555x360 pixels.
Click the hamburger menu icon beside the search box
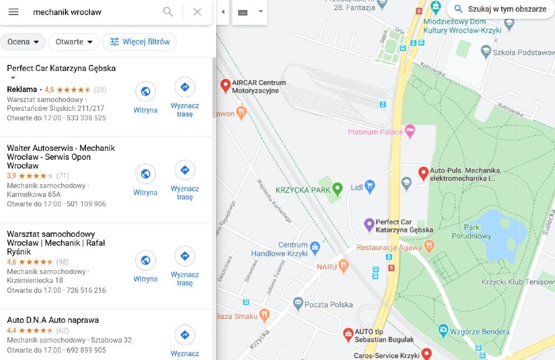(x=13, y=12)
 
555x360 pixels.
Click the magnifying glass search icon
(x=168, y=12)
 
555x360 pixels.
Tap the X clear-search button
(x=197, y=12)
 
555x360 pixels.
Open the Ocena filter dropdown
(x=23, y=42)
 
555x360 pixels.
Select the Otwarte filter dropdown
(x=74, y=42)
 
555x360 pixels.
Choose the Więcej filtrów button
(x=140, y=42)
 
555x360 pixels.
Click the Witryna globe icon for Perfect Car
(x=145, y=92)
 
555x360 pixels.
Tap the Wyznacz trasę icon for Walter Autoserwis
(x=185, y=170)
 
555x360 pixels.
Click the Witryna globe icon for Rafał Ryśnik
(x=145, y=260)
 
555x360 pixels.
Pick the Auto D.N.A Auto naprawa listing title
(x=53, y=320)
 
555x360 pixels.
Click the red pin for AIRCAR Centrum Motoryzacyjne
(x=225, y=85)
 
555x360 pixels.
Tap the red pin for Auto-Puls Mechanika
(x=423, y=173)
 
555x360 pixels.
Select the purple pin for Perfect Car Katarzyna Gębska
(x=369, y=224)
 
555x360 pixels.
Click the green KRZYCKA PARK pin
(x=337, y=188)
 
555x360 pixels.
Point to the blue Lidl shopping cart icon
(x=370, y=186)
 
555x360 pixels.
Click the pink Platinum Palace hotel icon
(x=410, y=131)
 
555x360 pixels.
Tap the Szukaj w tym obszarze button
(x=500, y=9)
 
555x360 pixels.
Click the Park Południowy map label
(x=478, y=232)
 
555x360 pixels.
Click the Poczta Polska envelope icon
(x=298, y=303)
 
